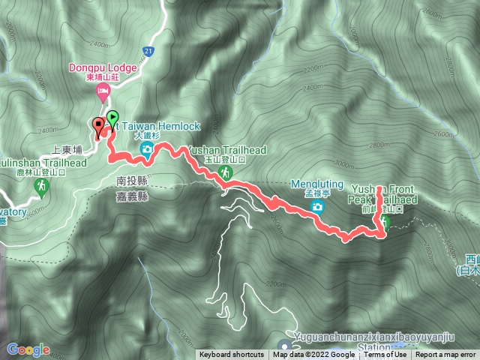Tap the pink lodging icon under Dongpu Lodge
(x=103, y=91)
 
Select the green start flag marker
(x=112, y=118)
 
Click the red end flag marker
(x=98, y=125)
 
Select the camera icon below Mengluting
(x=318, y=206)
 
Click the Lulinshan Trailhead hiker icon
(x=41, y=184)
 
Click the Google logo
(x=28, y=349)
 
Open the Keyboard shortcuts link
(x=231, y=355)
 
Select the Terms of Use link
(x=385, y=355)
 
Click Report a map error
(x=446, y=355)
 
